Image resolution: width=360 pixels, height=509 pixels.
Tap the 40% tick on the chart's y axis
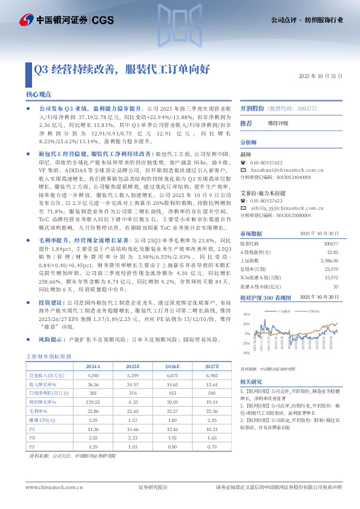click(x=247, y=314)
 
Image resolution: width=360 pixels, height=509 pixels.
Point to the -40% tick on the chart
click(x=246, y=352)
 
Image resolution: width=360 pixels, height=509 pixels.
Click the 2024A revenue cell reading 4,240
click(x=93, y=375)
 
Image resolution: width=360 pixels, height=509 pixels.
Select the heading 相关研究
click(x=251, y=382)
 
